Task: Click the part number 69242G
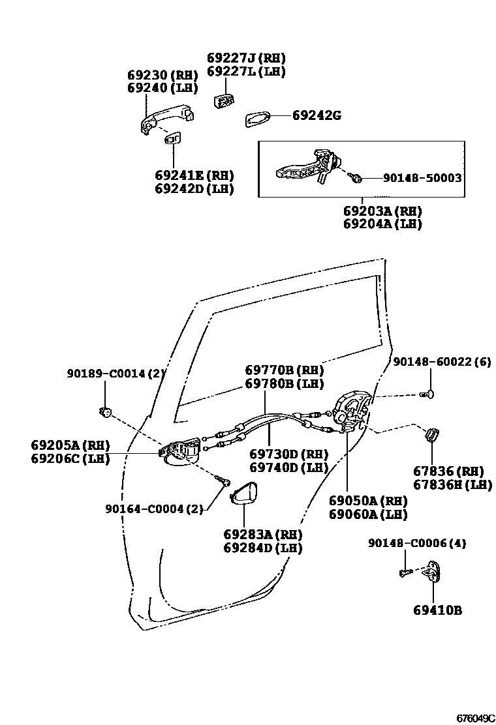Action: (317, 116)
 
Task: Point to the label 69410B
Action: (437, 611)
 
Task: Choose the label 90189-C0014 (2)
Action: (116, 374)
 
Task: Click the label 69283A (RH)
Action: (263, 535)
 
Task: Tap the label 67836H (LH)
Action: (452, 484)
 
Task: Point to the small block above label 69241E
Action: (173, 138)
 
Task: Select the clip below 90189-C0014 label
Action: (106, 411)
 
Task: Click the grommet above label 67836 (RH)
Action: (432, 434)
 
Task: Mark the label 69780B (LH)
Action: (285, 384)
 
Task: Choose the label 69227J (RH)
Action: (246, 58)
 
